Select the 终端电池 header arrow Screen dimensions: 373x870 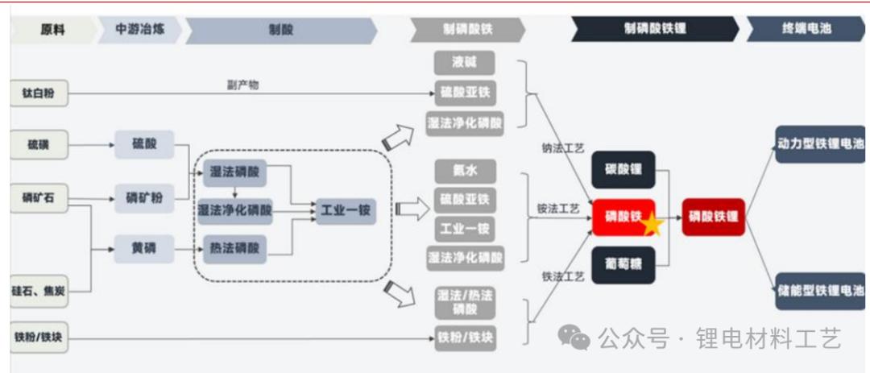[x=801, y=31]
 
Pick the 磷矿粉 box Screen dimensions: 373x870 [x=143, y=198]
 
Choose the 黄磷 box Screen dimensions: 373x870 [x=143, y=248]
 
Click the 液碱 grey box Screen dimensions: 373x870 [x=464, y=63]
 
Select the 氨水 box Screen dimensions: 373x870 [x=464, y=171]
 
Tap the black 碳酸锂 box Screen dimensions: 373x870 [x=623, y=170]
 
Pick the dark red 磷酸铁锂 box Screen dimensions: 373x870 [x=713, y=217]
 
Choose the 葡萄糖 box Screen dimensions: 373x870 [x=623, y=264]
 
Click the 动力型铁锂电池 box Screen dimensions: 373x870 [x=819, y=144]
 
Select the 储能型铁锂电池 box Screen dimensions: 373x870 [x=819, y=289]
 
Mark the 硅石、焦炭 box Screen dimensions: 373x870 [x=39, y=290]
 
